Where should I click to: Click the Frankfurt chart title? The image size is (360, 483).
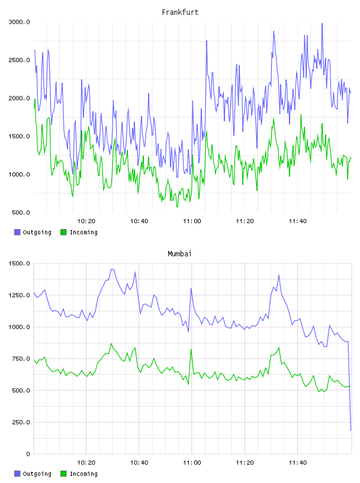(180, 12)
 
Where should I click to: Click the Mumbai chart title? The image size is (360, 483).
(179, 254)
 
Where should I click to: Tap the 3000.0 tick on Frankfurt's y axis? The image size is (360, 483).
(20, 22)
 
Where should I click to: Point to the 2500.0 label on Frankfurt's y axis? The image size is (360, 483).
(20, 60)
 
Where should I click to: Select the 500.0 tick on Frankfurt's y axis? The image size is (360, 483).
(21, 212)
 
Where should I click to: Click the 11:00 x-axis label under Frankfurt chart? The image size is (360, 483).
(192, 221)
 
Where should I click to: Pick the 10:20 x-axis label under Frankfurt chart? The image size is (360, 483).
(86, 221)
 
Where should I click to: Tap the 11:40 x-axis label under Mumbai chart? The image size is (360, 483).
(298, 463)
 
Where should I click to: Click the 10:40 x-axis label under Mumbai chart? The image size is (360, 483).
(139, 463)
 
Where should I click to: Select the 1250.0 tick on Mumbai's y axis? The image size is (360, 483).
(20, 295)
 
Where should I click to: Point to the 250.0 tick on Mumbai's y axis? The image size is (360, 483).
(21, 422)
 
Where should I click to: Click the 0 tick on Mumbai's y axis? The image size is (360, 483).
(28, 454)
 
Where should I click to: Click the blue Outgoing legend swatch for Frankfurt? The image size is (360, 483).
(17, 232)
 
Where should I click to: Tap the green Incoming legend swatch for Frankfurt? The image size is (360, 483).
(63, 232)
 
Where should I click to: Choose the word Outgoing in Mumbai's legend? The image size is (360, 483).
(37, 474)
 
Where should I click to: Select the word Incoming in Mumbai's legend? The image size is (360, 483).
(83, 474)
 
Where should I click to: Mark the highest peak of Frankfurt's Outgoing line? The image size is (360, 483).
(322, 23)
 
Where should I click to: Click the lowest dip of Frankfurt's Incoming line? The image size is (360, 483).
(177, 207)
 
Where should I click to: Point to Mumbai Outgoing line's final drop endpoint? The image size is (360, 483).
(351, 430)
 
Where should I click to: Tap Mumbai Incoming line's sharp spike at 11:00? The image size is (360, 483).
(191, 349)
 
